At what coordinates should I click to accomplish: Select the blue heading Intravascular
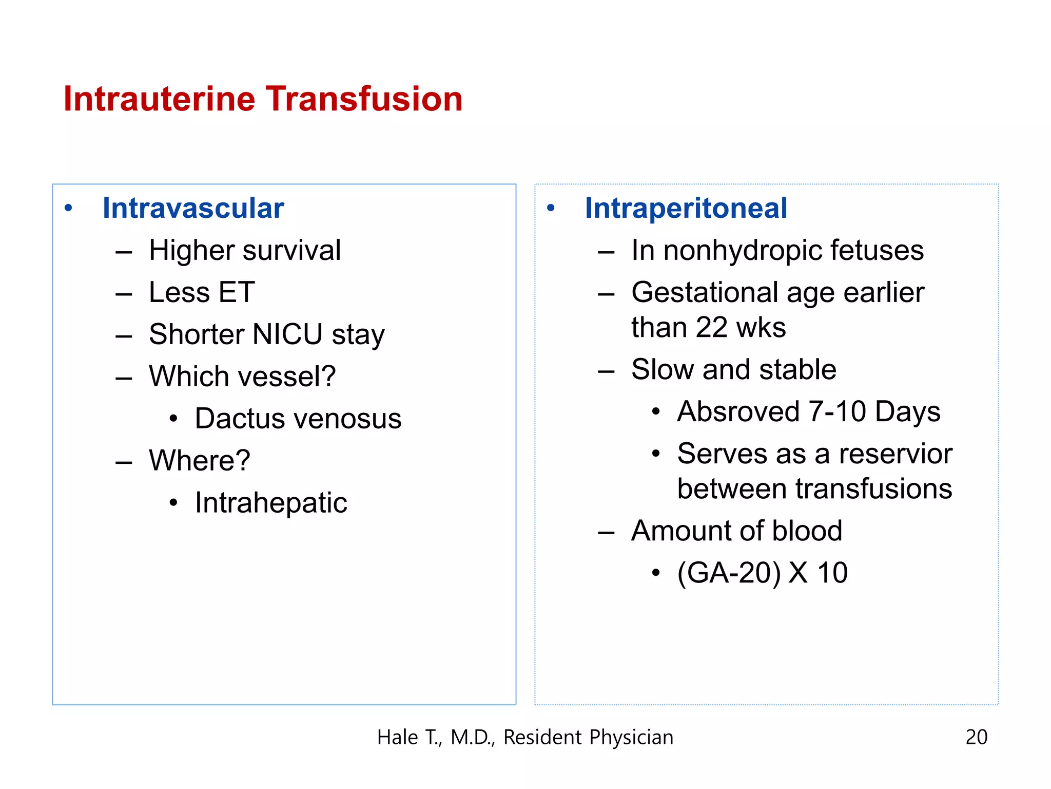coord(193,208)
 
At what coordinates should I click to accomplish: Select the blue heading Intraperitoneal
coord(686,208)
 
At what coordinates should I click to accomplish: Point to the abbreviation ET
coord(237,292)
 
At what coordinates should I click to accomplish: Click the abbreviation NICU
coord(287,334)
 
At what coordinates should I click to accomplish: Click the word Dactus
coord(240,419)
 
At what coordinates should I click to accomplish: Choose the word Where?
coord(200,460)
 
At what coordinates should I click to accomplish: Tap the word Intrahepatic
coord(271,502)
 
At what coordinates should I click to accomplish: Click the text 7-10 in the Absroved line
coord(837,411)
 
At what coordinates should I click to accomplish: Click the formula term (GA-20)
coord(729,573)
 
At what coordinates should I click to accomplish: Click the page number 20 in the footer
coord(976,737)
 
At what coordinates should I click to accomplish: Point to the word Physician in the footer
coord(631,738)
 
